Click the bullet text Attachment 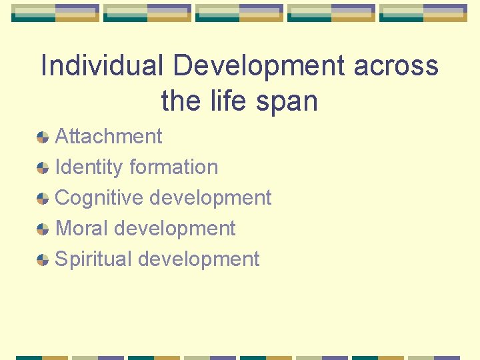point(108,137)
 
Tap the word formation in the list point(174,167)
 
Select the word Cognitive point(99,198)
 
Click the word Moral point(82,229)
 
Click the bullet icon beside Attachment point(43,137)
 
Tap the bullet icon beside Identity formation point(43,168)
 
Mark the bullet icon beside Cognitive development point(43,199)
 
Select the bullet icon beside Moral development point(43,229)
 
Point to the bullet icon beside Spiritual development point(43,260)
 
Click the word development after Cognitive point(210,198)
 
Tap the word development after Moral point(175,229)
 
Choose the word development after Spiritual point(199,259)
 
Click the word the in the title point(181,101)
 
